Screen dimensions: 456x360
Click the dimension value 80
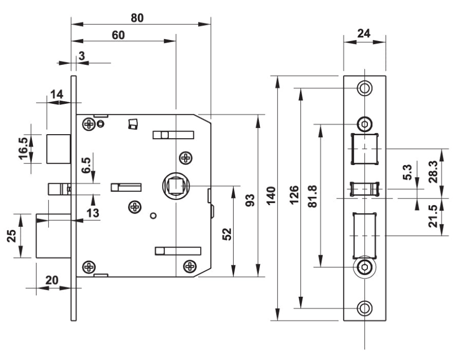137,18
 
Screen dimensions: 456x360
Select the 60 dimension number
119,35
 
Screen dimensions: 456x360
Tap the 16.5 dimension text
24,148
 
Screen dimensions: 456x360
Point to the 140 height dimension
271,196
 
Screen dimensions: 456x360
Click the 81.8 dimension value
313,196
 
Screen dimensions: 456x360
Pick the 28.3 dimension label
433,172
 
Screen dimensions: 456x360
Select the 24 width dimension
364,34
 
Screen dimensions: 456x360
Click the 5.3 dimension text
407,172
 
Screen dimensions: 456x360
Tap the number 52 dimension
227,234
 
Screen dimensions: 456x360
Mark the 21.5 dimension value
433,216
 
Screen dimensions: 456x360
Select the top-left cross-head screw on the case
88,124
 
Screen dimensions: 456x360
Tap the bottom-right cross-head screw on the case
190,266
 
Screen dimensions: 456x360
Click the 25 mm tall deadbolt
54,235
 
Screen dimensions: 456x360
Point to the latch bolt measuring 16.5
59,149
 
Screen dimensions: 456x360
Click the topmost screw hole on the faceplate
364,88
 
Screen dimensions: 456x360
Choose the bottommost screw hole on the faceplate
364,308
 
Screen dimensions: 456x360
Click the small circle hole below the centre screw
153,216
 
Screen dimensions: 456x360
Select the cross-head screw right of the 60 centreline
185,158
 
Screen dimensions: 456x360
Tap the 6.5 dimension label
86,166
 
